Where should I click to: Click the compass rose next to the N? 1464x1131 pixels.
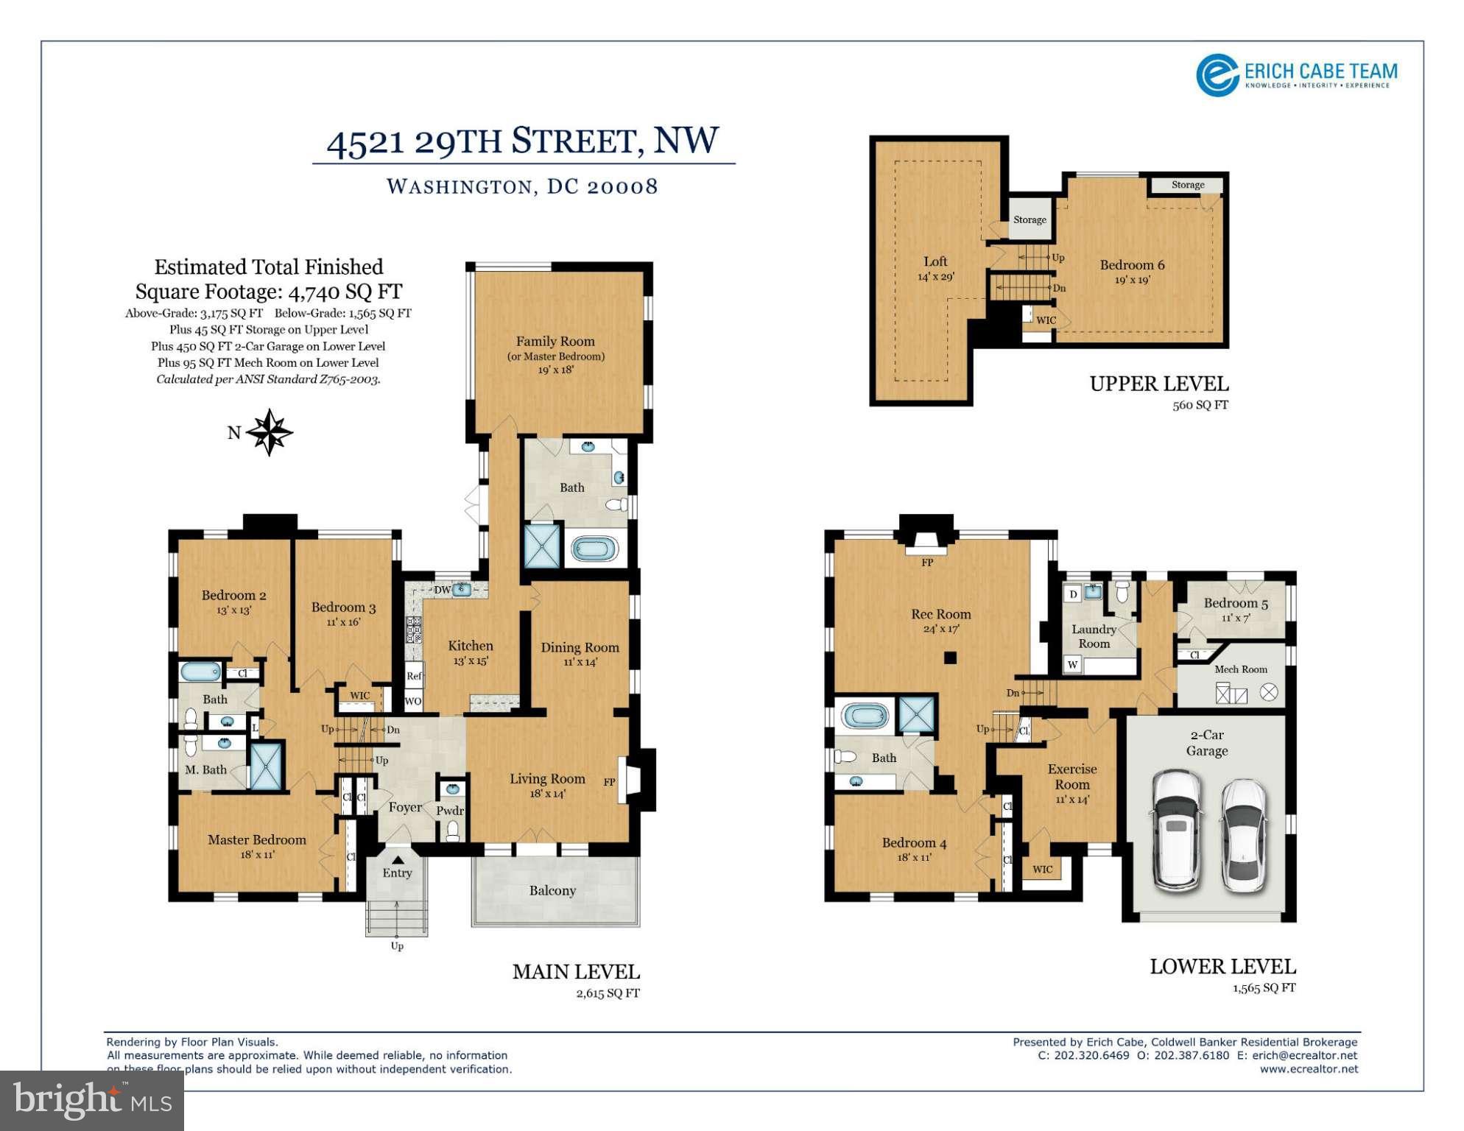point(270,432)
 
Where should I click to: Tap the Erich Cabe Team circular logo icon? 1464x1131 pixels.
point(1217,75)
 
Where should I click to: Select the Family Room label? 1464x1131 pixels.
point(555,341)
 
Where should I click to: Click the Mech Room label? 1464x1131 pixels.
point(1241,669)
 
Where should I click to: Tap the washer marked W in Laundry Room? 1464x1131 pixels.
point(1073,665)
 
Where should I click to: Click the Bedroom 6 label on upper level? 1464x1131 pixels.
point(1132,265)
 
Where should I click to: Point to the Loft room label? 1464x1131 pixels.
point(935,261)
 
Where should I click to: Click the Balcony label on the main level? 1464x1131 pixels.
point(552,891)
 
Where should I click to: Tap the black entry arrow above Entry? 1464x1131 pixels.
point(398,859)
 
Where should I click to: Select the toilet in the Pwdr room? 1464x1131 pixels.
point(453,832)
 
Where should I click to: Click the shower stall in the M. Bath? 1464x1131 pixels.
point(267,767)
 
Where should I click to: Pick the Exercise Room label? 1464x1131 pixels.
point(1072,777)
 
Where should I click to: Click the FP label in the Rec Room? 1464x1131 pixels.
point(927,563)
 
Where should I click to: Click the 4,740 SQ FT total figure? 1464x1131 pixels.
point(345,292)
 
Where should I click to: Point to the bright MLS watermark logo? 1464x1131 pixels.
point(92,1100)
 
